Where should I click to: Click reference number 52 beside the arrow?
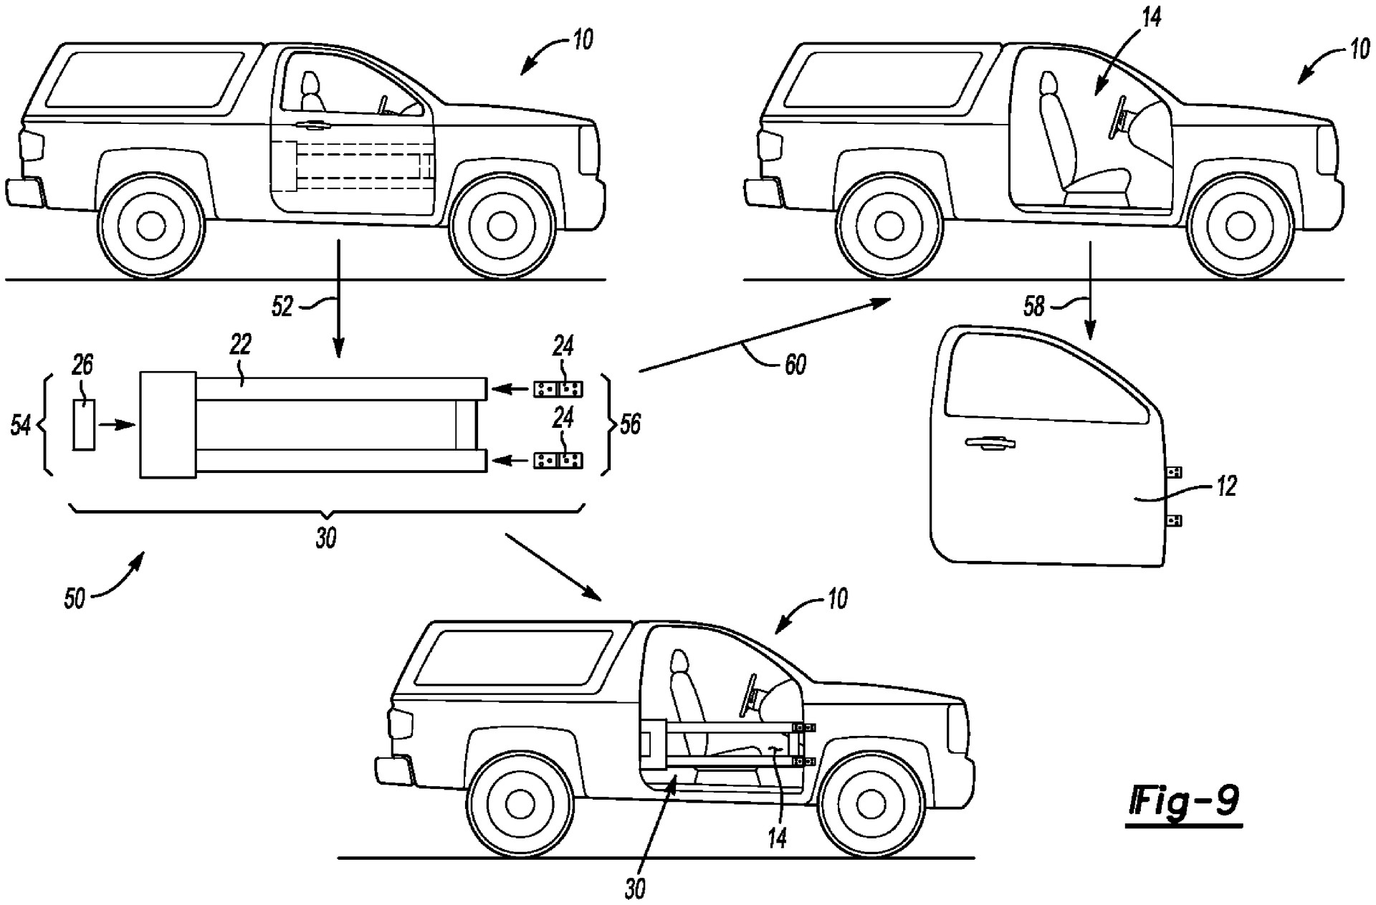(x=282, y=306)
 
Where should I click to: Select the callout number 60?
(x=795, y=365)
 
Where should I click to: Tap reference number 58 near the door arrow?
(x=1034, y=306)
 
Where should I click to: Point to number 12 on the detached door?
(x=1227, y=487)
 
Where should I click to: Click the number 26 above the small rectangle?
(x=82, y=365)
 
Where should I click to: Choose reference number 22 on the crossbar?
(x=241, y=345)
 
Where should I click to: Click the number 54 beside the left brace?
(x=20, y=426)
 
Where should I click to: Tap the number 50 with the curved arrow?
(x=75, y=598)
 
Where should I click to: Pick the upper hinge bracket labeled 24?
(x=558, y=389)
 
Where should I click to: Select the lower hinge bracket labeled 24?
(x=558, y=460)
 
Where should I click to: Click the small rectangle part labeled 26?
(x=84, y=425)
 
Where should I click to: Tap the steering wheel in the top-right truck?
(x=1117, y=115)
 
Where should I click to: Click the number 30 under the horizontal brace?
(x=326, y=538)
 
